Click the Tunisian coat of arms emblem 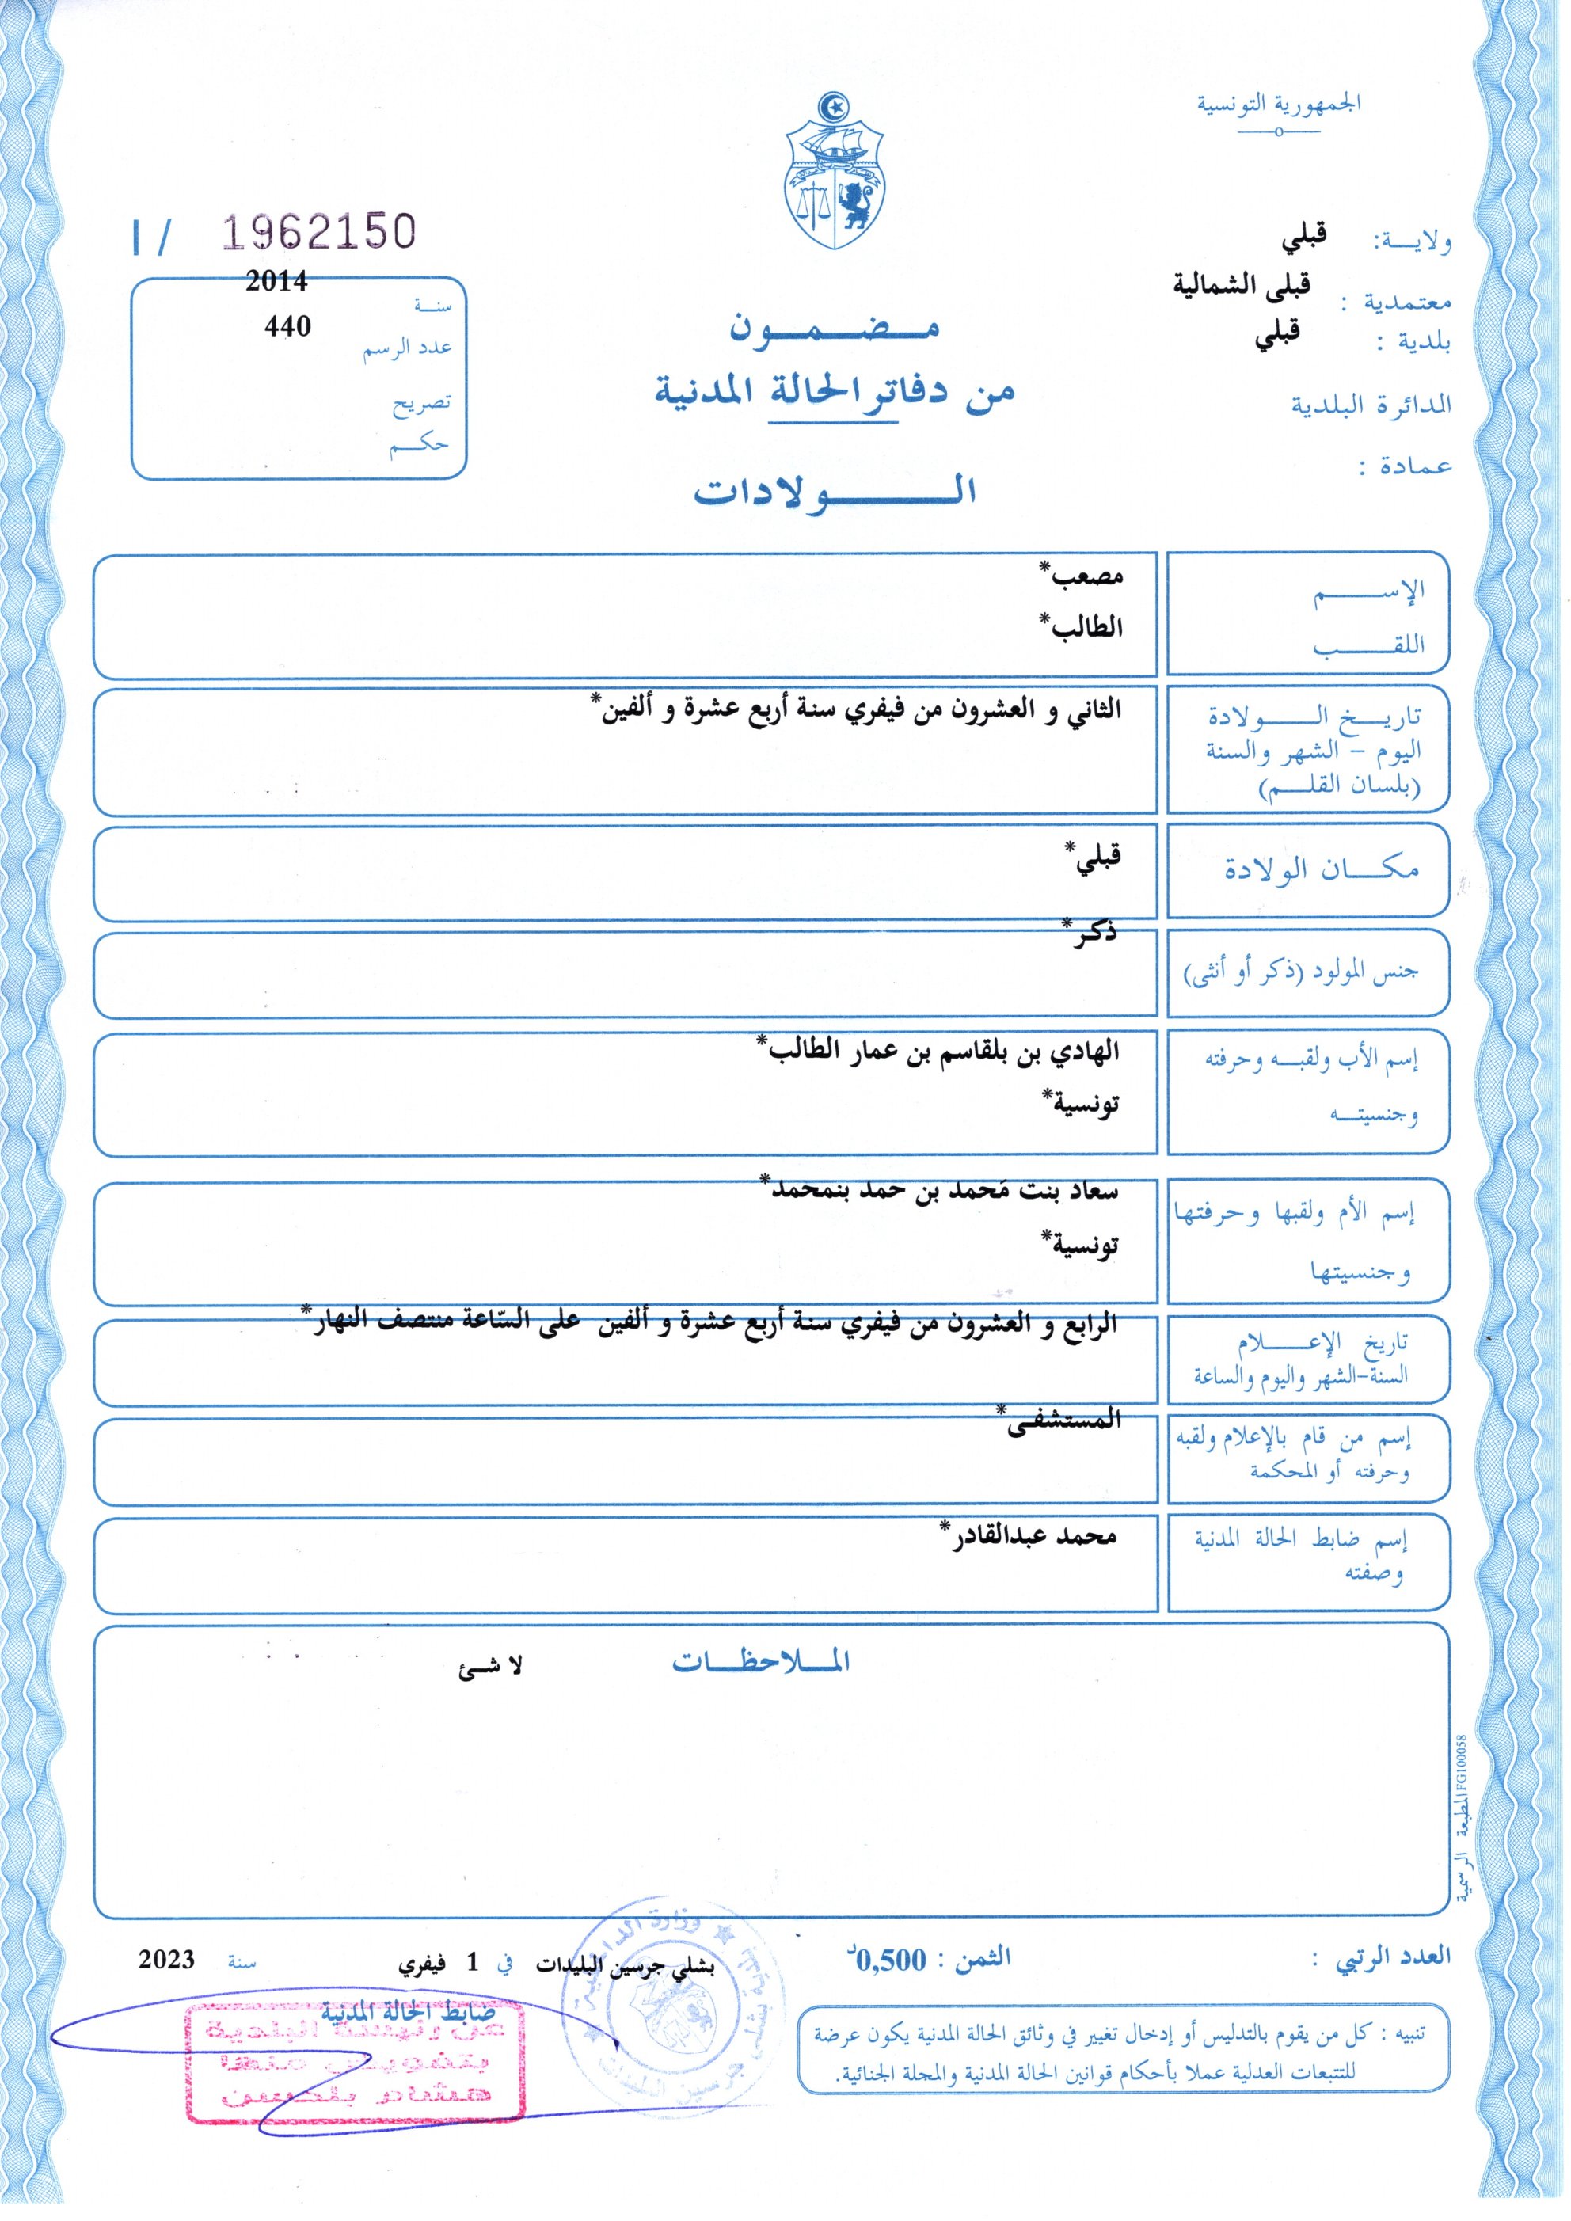pyautogui.click(x=834, y=172)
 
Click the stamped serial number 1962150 pyautogui.click(x=319, y=233)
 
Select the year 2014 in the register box pyautogui.click(x=276, y=282)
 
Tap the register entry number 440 pyautogui.click(x=287, y=326)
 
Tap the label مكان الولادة pyautogui.click(x=1322, y=869)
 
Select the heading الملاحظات pyautogui.click(x=761, y=1662)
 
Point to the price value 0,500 pyautogui.click(x=890, y=1960)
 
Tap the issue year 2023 pyautogui.click(x=166, y=1960)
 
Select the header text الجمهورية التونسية pyautogui.click(x=1279, y=104)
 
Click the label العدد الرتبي pyautogui.click(x=1393, y=1957)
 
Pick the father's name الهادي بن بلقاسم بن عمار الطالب pyautogui.click(x=938, y=1052)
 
